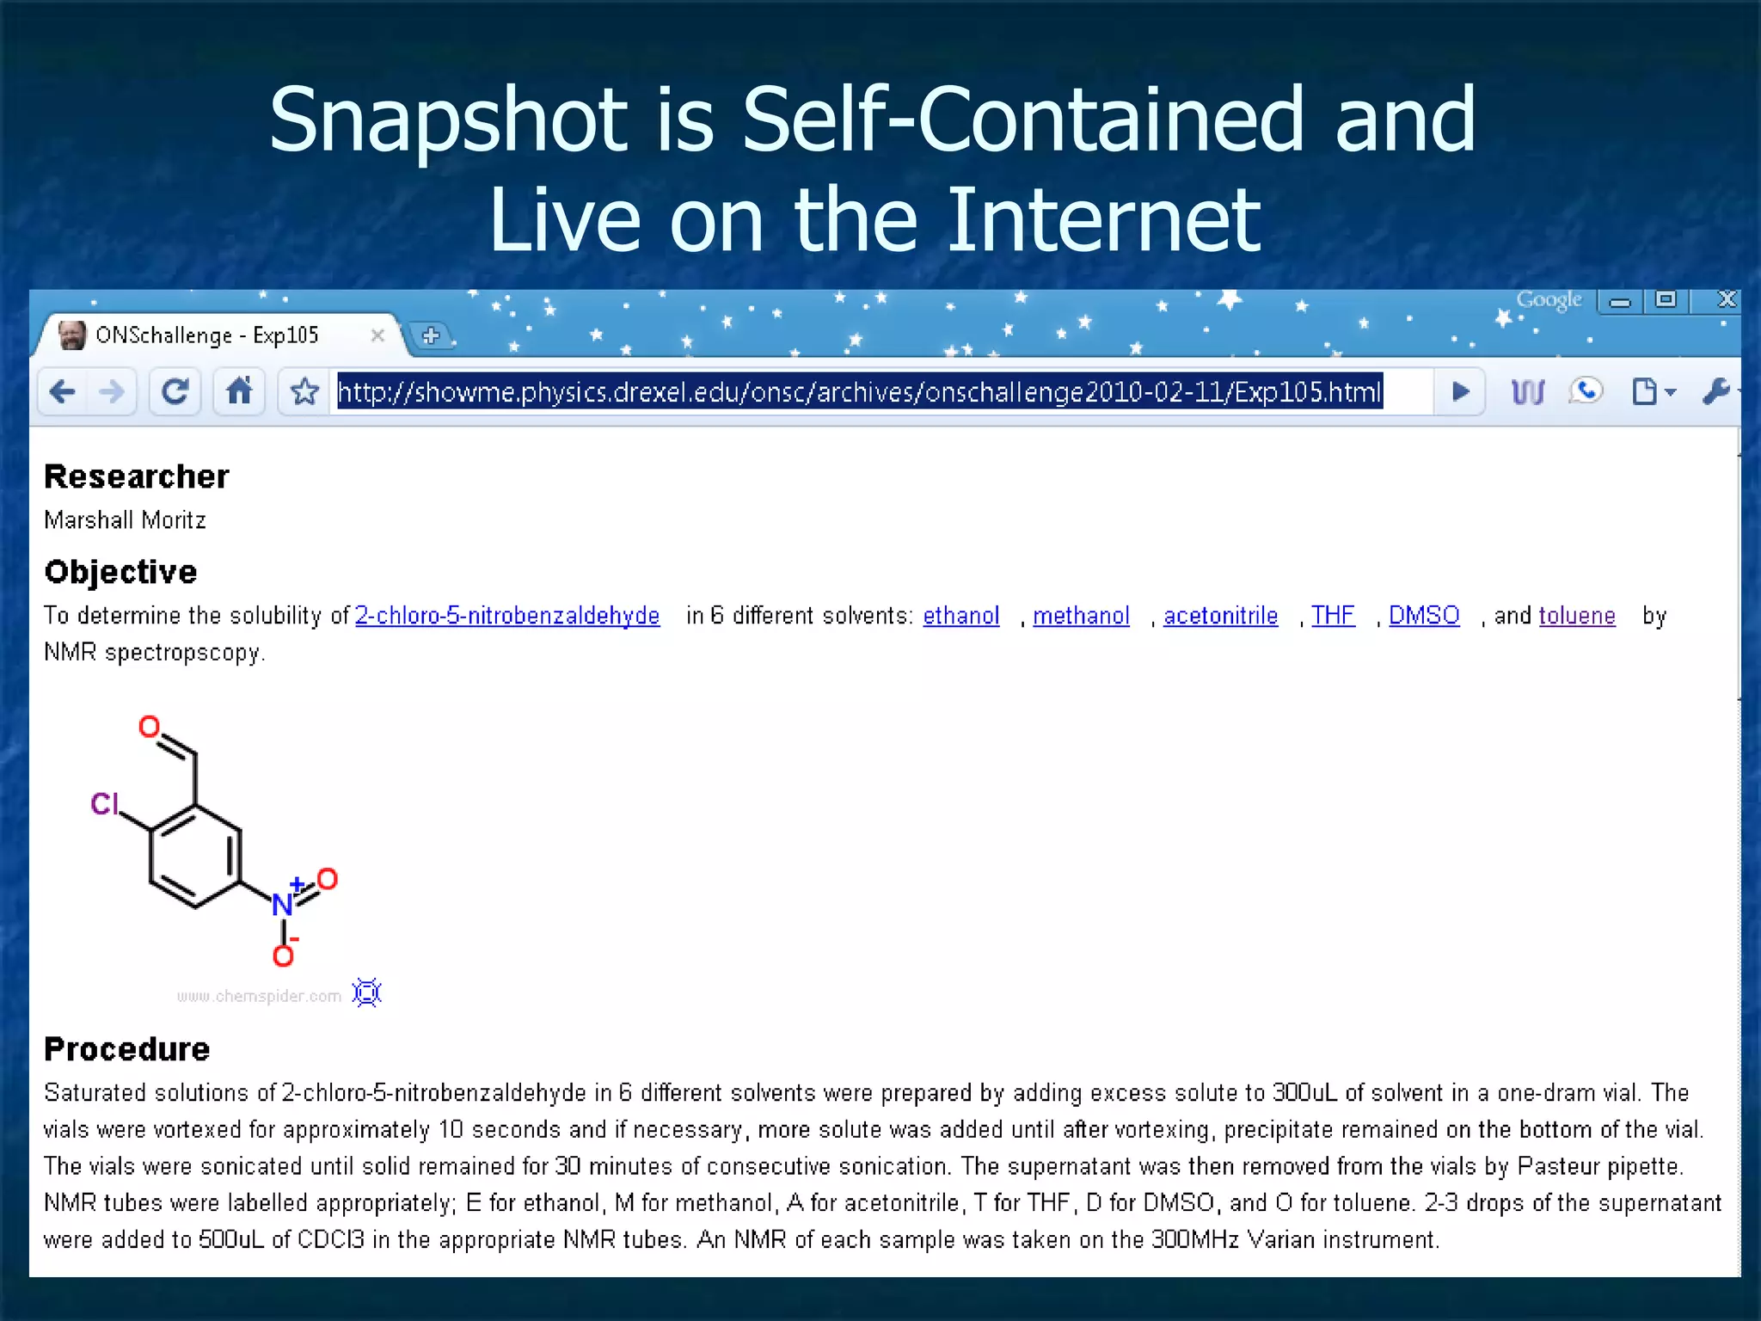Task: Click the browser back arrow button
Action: pyautogui.click(x=63, y=392)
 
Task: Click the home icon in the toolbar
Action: pyautogui.click(x=239, y=392)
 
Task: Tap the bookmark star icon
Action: pyautogui.click(x=304, y=392)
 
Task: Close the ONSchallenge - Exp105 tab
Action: pyautogui.click(x=377, y=335)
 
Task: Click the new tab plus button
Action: pyautogui.click(x=431, y=335)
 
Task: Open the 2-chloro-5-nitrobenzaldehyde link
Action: pyautogui.click(x=507, y=616)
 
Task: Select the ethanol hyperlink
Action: pyautogui.click(x=960, y=616)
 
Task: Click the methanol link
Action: pyautogui.click(x=1081, y=616)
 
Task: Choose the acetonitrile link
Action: pyautogui.click(x=1220, y=616)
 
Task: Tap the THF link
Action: pyautogui.click(x=1333, y=616)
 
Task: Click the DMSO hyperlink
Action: pyautogui.click(x=1424, y=616)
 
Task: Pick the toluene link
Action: pyautogui.click(x=1576, y=616)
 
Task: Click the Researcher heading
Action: pyautogui.click(x=137, y=476)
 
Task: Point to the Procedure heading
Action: pyautogui.click(x=127, y=1049)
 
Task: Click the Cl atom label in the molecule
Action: pyautogui.click(x=104, y=804)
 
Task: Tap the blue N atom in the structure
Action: pyautogui.click(x=281, y=905)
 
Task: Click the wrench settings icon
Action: pyautogui.click(x=1715, y=392)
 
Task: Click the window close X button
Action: pyautogui.click(x=1726, y=299)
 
